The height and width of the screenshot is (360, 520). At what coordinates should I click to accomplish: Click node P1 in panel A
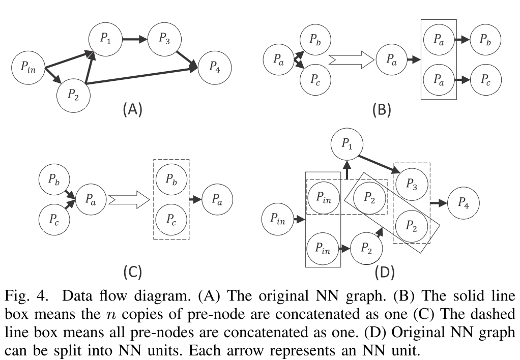click(x=105, y=39)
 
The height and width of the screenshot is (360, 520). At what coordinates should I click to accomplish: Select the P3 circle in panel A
click(x=164, y=39)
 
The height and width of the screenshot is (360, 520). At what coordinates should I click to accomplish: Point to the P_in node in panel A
click(x=28, y=67)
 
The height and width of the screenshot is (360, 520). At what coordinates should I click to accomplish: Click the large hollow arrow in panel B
click(x=351, y=60)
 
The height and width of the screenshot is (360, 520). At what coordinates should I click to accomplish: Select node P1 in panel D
click(x=347, y=144)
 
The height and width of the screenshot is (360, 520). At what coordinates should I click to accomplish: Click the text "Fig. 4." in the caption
click(x=25, y=296)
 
